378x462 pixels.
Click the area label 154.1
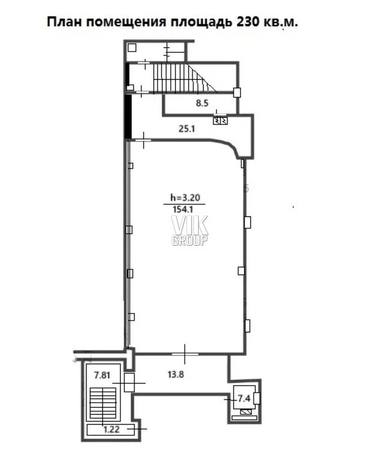coord(183,209)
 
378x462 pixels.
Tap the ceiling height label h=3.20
coord(186,197)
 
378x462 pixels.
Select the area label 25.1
coord(187,129)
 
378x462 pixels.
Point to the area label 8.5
coord(202,103)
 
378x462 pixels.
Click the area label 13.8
coord(175,375)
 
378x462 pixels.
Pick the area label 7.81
coord(102,375)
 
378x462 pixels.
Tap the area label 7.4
coord(244,398)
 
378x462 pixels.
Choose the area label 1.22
coord(111,430)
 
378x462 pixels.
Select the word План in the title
coord(64,22)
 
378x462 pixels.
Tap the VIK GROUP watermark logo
coord(190,230)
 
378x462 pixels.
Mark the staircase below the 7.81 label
coord(103,403)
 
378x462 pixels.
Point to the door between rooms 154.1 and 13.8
coord(185,354)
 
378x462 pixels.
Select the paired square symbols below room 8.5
coord(221,120)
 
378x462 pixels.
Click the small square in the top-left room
coord(132,48)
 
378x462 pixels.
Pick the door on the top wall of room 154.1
coord(144,140)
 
